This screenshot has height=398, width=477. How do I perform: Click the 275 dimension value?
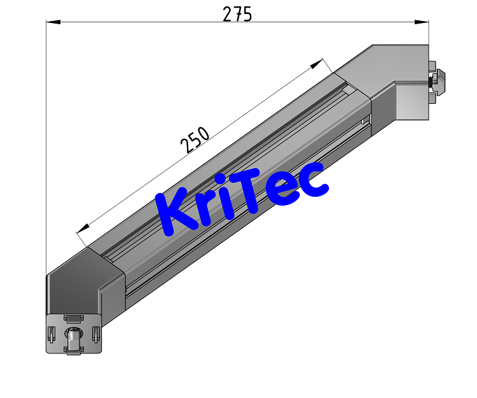click(237, 13)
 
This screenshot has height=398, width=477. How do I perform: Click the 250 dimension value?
click(195, 140)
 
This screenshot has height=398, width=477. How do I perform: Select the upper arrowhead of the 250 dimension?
click(317, 64)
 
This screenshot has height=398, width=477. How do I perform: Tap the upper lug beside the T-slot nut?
click(432, 66)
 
